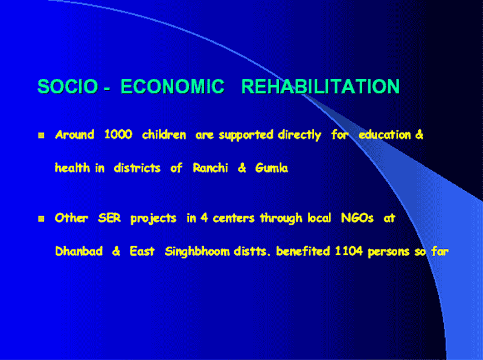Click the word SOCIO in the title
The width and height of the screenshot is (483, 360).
(x=68, y=86)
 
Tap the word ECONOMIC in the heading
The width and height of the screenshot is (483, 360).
(x=173, y=86)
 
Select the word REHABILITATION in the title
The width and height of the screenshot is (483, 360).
(x=321, y=86)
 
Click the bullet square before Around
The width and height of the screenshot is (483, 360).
(x=41, y=135)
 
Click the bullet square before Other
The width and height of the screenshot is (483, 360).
(x=41, y=219)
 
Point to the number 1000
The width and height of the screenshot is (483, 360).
(x=118, y=134)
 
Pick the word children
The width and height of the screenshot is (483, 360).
(x=164, y=135)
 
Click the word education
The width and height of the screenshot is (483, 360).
(x=385, y=135)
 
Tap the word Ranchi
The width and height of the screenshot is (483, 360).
(x=210, y=168)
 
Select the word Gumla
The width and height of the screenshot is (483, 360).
(x=272, y=168)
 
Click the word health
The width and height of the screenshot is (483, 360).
(x=72, y=168)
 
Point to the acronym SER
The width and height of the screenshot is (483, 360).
(x=109, y=218)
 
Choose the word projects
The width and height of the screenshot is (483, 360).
(x=153, y=219)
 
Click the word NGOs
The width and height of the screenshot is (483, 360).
(x=357, y=218)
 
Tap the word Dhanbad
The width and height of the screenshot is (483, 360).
(x=79, y=251)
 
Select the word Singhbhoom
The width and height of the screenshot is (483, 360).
(x=197, y=252)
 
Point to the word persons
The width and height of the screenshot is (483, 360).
(x=389, y=252)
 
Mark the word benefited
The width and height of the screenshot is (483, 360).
(x=303, y=251)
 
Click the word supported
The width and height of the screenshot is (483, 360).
(x=246, y=135)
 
